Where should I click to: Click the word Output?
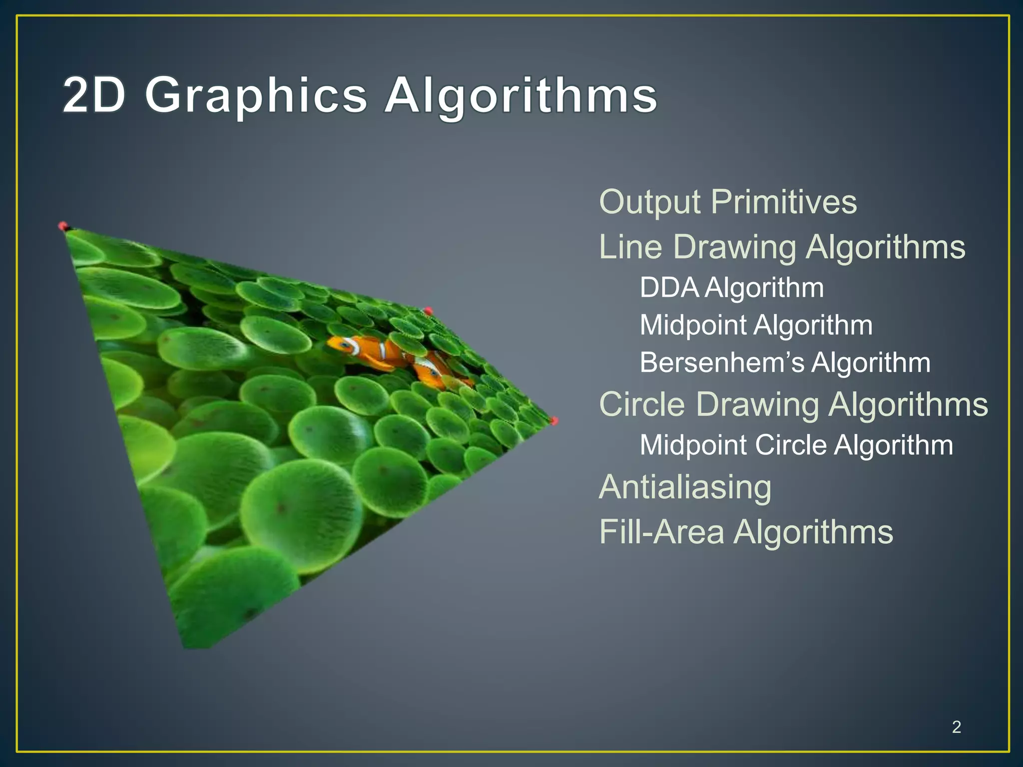pyautogui.click(x=650, y=202)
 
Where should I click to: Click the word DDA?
pyautogui.click(x=669, y=288)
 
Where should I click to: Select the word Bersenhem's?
pyautogui.click(x=722, y=363)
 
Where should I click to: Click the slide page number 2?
pyautogui.click(x=956, y=727)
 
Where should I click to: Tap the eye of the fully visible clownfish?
pyautogui.click(x=345, y=345)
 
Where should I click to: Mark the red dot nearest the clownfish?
pyautogui.click(x=428, y=311)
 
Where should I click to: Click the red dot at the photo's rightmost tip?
pyautogui.click(x=554, y=421)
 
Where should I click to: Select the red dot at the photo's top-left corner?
pyautogui.click(x=63, y=226)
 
